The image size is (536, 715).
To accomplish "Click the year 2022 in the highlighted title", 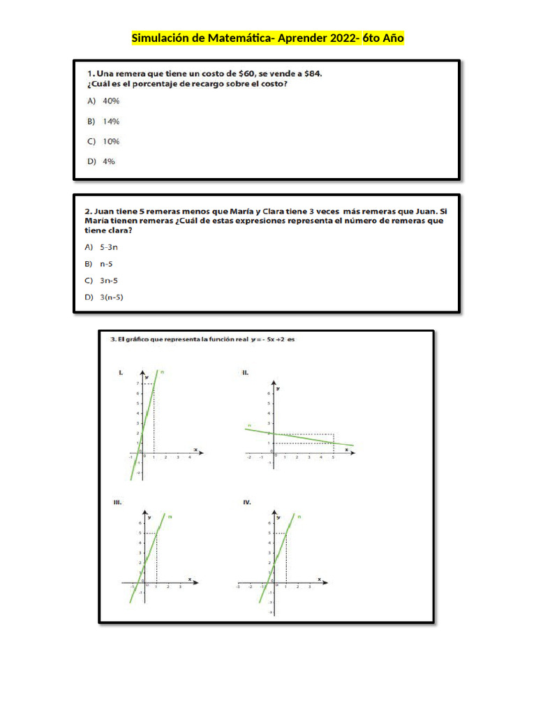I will pyautogui.click(x=340, y=38).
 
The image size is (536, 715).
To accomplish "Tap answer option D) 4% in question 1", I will pyautogui.click(x=101, y=161).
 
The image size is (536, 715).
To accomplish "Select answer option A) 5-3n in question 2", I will pyautogui.click(x=107, y=247).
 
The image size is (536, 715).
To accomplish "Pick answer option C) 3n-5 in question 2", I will pyautogui.click(x=107, y=281).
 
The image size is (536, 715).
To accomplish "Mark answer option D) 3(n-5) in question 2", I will pyautogui.click(x=110, y=297).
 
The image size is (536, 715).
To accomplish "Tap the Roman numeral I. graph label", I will pyautogui.click(x=121, y=374).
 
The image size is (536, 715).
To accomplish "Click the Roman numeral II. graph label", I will pyautogui.click(x=246, y=374).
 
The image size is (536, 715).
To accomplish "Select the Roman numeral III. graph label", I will pyautogui.click(x=118, y=502).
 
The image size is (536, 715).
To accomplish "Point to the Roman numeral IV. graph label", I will pyautogui.click(x=247, y=502).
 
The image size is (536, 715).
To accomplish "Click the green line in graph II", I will pyautogui.click(x=300, y=437).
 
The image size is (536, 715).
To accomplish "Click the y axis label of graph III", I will pyautogui.click(x=149, y=517).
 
